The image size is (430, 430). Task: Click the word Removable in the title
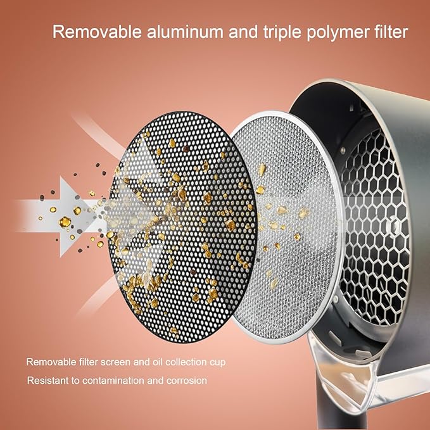(x=97, y=32)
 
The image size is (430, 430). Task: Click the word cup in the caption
(x=218, y=362)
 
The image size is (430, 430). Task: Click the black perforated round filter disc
(x=182, y=227)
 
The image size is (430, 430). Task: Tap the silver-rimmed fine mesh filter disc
(x=286, y=227)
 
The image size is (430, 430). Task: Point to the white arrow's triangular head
(x=80, y=217)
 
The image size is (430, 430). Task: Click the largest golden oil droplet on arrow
(x=65, y=222)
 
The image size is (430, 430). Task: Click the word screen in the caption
(x=115, y=362)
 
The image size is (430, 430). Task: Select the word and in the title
(x=243, y=32)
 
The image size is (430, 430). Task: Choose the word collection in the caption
(x=186, y=362)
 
